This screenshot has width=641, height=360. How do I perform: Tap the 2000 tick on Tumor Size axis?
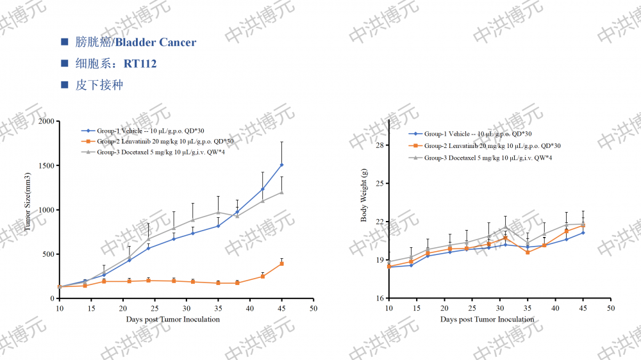[46, 121]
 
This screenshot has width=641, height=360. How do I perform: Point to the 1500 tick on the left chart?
[46, 165]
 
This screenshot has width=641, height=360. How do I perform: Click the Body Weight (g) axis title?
[364, 195]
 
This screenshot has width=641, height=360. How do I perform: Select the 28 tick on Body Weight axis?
[379, 145]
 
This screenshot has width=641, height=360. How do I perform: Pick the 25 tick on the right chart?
[379, 184]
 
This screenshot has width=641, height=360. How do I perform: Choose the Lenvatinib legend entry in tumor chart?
[164, 142]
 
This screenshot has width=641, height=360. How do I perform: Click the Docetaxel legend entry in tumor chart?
[160, 152]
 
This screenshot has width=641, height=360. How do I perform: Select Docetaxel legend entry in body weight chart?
[488, 158]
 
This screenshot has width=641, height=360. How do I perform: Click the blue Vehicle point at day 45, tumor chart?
[281, 165]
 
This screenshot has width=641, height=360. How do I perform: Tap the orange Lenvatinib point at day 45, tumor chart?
[281, 263]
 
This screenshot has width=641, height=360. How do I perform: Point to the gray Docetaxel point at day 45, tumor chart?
[281, 192]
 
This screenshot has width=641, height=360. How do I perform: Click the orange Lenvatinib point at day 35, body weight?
[528, 252]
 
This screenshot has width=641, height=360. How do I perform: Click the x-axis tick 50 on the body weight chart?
[611, 309]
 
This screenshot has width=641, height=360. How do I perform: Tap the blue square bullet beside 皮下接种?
[64, 85]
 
